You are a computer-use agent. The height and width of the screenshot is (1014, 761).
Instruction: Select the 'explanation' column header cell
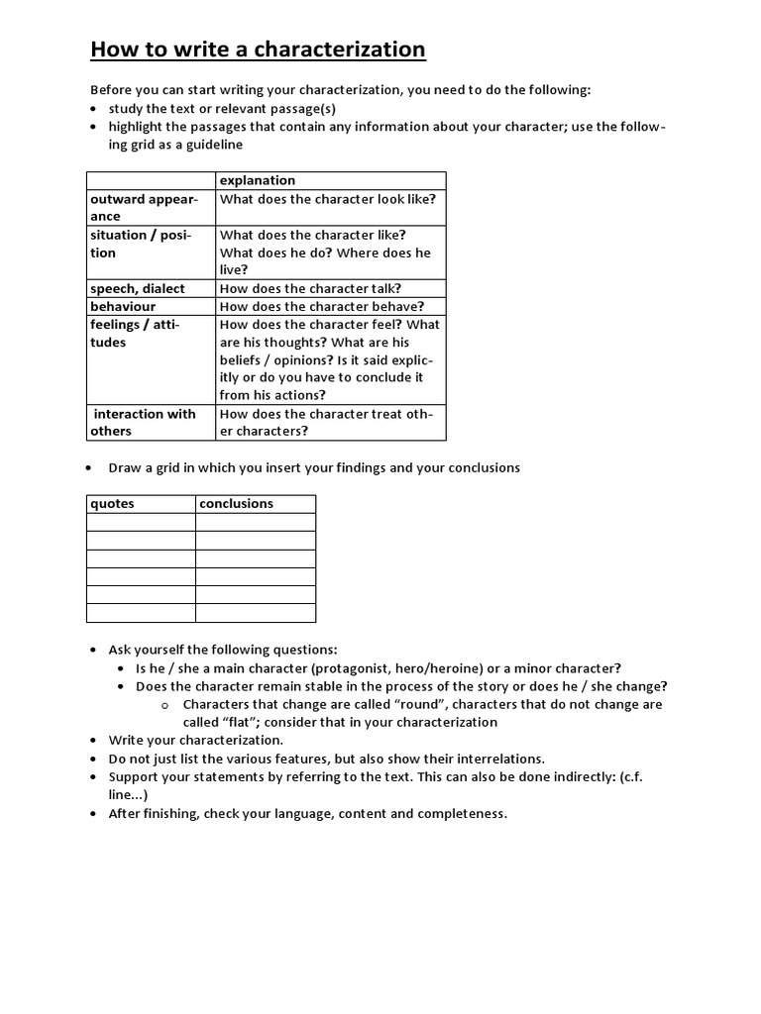[258, 180]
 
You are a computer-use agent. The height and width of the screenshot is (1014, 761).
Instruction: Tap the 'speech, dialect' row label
[138, 288]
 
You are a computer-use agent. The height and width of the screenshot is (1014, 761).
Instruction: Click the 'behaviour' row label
[123, 306]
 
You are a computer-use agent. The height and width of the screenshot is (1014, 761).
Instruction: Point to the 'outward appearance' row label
[145, 207]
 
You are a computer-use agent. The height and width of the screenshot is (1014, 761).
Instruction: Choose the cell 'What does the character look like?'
[328, 199]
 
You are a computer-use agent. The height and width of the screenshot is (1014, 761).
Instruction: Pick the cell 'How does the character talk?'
[310, 288]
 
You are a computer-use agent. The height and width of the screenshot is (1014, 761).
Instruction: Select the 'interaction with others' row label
[143, 422]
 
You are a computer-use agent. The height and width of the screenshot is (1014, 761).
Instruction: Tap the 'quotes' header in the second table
[112, 503]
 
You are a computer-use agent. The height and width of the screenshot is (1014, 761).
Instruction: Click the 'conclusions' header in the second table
[236, 503]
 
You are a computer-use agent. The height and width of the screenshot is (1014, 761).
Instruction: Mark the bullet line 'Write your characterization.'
[196, 740]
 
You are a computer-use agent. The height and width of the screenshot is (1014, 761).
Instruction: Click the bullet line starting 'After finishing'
[307, 813]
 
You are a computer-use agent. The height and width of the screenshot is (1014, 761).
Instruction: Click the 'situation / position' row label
[141, 244]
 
